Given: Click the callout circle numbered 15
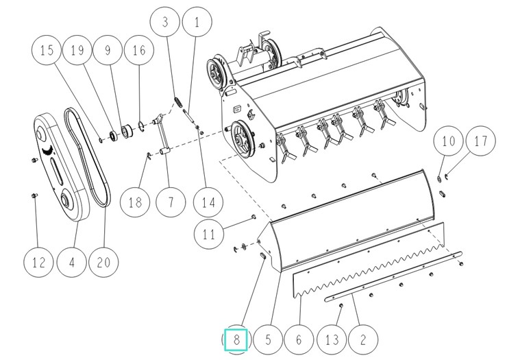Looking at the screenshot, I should click(x=47, y=50).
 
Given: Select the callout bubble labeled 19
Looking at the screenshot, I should click(x=77, y=50).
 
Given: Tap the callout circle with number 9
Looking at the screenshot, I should click(x=107, y=50).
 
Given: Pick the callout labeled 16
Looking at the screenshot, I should click(x=138, y=50).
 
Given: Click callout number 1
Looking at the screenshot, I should click(x=197, y=22).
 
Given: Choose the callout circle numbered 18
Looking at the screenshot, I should click(x=135, y=202).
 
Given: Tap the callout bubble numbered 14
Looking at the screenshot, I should click(x=203, y=202).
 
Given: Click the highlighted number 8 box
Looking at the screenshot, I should click(x=235, y=339).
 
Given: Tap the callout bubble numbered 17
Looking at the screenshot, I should click(x=480, y=141).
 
